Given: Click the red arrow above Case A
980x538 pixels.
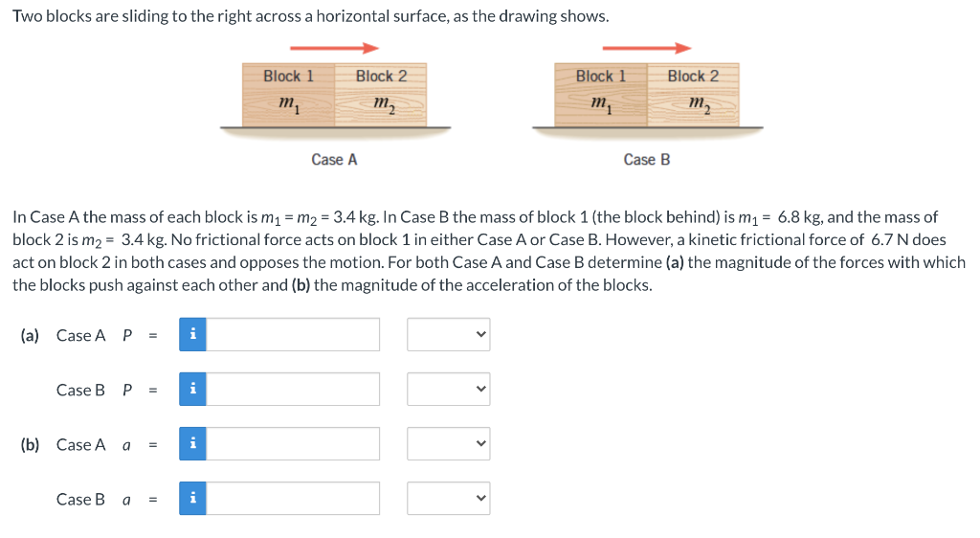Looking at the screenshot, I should point(334,48).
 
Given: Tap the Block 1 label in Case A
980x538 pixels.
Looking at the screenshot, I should point(288,76).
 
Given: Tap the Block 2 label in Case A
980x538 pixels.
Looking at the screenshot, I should point(381,76).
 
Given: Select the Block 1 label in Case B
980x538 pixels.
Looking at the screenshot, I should point(600,76).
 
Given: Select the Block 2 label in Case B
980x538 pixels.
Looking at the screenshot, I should point(693,76).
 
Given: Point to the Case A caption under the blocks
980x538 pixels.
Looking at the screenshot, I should point(334,160).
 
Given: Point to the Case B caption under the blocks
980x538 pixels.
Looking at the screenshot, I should point(647,160).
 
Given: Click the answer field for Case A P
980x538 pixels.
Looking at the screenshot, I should point(293,334).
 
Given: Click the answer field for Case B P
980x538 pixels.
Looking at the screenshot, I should point(293,390).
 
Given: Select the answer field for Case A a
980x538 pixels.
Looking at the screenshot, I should point(293,444).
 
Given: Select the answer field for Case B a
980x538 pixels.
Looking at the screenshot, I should point(293,499).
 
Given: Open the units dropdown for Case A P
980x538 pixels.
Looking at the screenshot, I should point(448,334).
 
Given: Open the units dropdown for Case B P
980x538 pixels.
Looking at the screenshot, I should point(448,390).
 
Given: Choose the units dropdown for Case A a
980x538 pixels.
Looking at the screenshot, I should point(448,444).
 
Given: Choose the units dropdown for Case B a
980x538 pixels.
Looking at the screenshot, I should point(448,499).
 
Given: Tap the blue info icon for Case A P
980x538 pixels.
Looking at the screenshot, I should point(192,334).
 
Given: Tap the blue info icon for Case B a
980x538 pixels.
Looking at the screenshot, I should point(192,499).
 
